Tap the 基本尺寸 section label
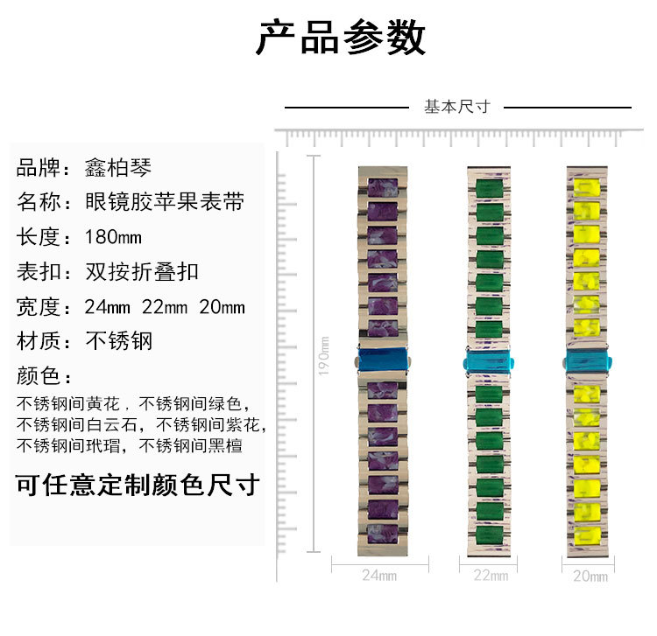(x=456, y=107)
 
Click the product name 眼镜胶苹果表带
(x=164, y=202)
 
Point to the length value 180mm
(x=113, y=237)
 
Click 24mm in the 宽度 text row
(x=107, y=307)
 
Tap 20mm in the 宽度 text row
(x=222, y=307)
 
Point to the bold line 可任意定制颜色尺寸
(x=138, y=484)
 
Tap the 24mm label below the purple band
(x=379, y=576)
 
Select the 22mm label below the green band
(x=491, y=576)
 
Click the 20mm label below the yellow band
(x=590, y=576)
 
